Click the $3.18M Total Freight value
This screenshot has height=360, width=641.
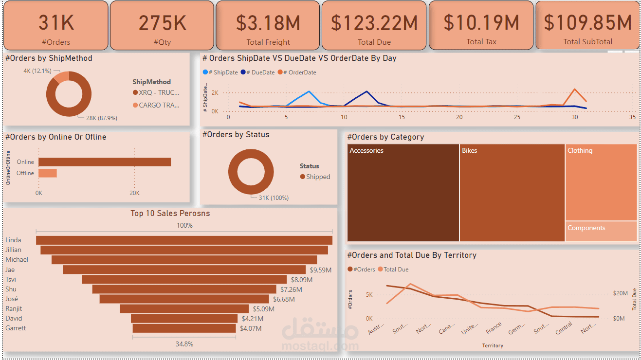268,23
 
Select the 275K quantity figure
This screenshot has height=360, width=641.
162,23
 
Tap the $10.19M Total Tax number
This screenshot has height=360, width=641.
481,23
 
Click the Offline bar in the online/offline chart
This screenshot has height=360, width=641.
48,173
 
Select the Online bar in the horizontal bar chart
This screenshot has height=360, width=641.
105,162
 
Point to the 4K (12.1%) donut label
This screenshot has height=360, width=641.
37,71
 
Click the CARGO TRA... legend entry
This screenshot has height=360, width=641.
159,105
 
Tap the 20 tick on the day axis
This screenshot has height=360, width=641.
459,117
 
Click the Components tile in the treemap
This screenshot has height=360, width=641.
601,232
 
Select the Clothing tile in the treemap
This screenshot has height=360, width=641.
601,182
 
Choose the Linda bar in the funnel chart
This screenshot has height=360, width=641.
184,240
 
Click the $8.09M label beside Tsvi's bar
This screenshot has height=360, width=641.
301,280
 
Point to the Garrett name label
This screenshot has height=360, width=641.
16,328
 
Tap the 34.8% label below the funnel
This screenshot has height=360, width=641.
184,344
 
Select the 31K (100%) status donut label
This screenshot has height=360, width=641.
273,198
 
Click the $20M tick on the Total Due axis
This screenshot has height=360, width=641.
620,293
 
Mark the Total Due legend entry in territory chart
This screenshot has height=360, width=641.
396,270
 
